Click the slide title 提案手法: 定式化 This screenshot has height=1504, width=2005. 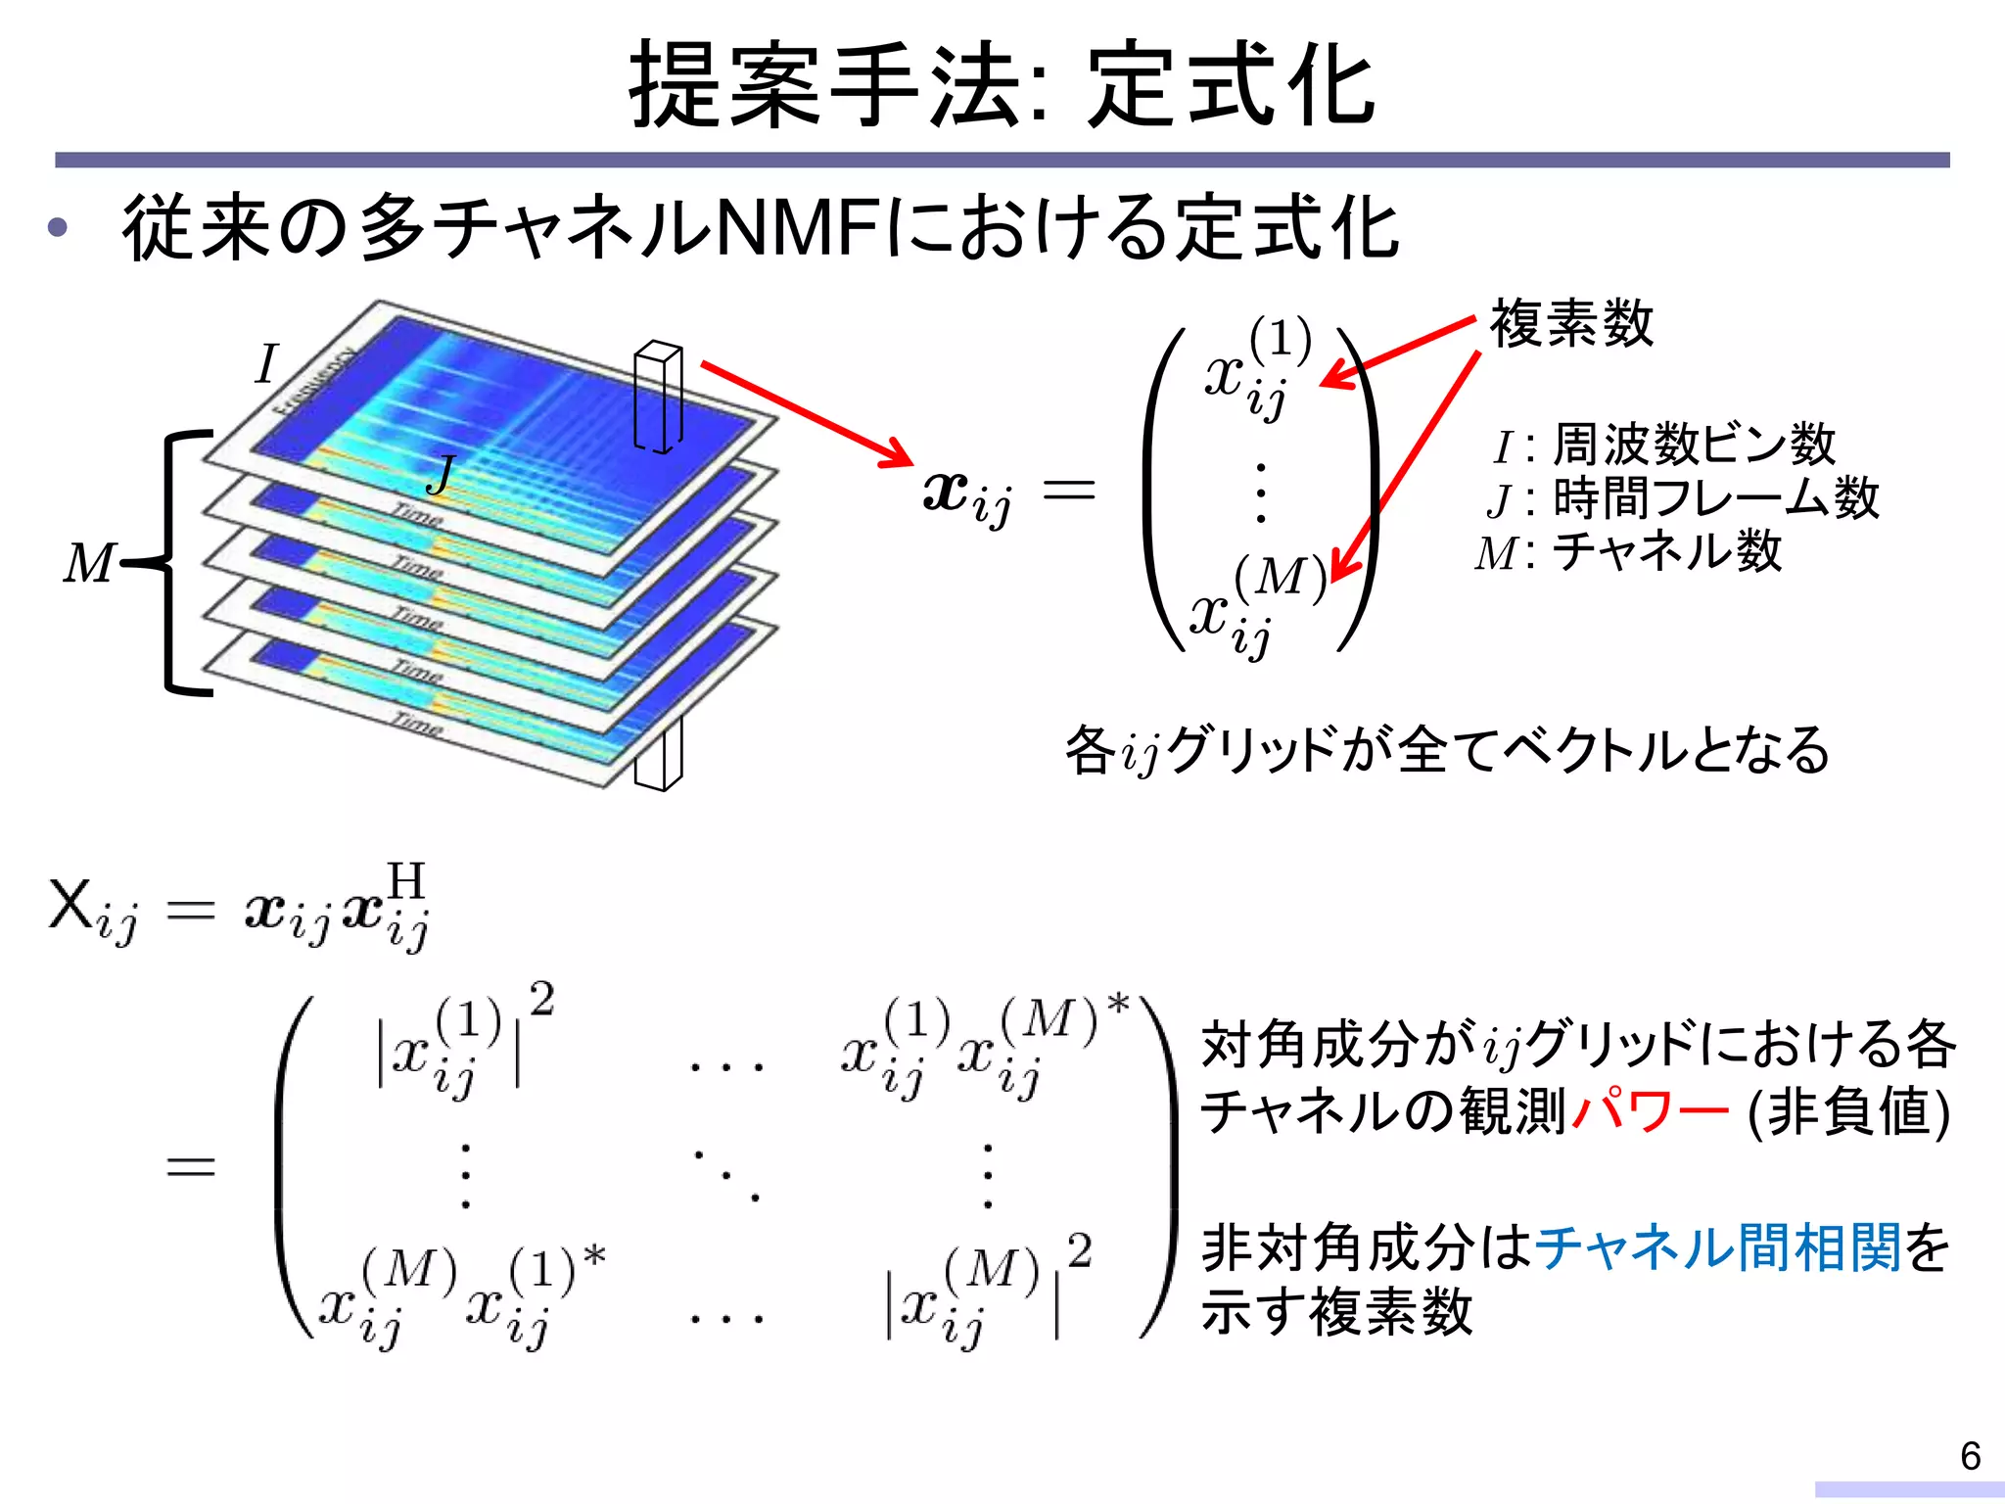coord(1002,86)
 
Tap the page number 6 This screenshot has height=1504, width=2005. coord(1971,1456)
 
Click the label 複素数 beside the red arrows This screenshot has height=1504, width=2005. coord(1571,324)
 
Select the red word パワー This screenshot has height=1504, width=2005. coord(1650,1111)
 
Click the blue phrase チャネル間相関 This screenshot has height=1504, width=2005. coord(1718,1246)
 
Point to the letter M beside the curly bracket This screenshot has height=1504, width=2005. coord(88,563)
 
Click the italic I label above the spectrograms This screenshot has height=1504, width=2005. coord(266,364)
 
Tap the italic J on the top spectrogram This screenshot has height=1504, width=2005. coord(442,475)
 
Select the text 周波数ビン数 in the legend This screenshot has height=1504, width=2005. coord(1694,445)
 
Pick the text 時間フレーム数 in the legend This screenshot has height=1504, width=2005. coord(1715,497)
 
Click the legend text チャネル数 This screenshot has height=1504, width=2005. coord(1667,551)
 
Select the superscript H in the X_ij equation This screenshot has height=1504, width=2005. coord(406,880)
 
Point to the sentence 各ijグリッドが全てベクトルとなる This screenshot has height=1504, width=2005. coord(1447,751)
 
